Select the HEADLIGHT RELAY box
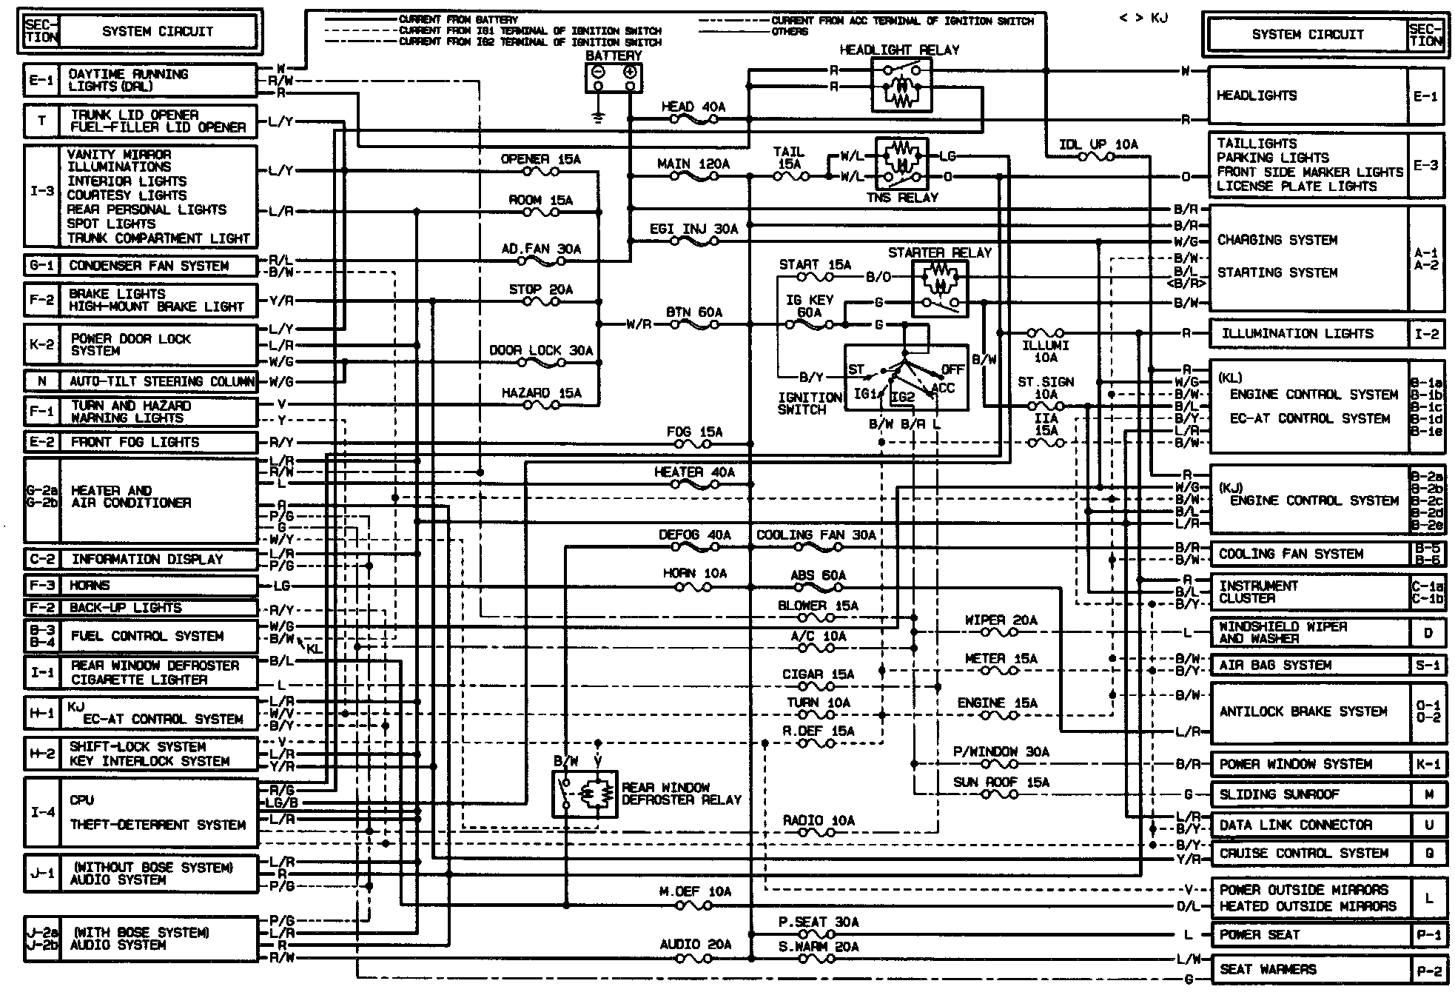click(x=901, y=85)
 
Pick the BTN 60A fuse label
click(x=693, y=312)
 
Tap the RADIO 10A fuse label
click(x=819, y=821)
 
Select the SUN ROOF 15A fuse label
click(x=1001, y=783)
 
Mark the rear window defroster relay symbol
click(x=585, y=794)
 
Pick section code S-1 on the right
click(x=1428, y=666)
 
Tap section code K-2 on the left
click(x=41, y=345)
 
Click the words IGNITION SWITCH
click(x=809, y=403)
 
